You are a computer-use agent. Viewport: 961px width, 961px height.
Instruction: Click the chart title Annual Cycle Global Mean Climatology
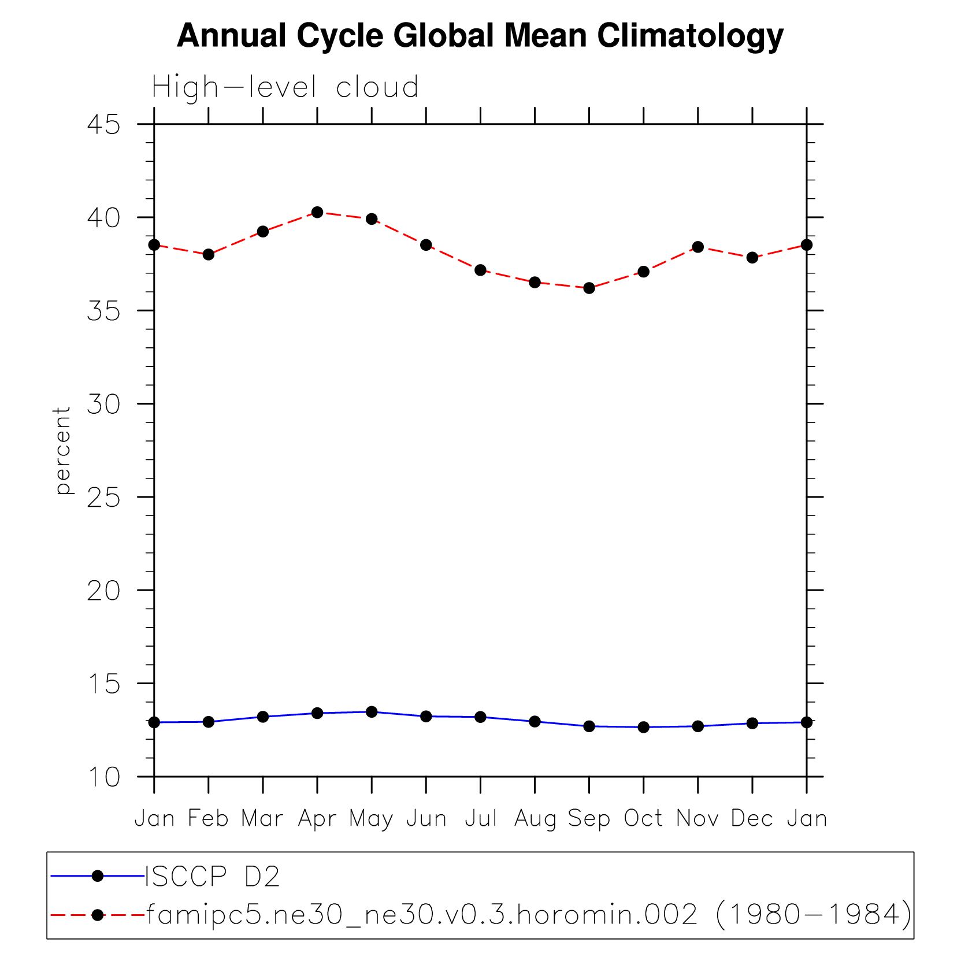[480, 36]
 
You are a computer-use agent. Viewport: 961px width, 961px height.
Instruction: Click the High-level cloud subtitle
[285, 88]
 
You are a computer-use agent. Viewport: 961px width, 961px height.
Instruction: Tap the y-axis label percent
[62, 451]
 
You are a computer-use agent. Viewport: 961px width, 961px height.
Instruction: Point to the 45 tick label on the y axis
[104, 124]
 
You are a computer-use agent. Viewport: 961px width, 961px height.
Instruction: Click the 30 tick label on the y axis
[104, 404]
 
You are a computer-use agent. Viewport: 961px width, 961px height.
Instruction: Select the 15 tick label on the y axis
[104, 684]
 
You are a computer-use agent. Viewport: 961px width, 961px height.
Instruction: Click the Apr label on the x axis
[317, 819]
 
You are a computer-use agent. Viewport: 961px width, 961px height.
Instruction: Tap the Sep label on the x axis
[589, 819]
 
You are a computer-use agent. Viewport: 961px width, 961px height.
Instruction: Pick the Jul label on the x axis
[481, 819]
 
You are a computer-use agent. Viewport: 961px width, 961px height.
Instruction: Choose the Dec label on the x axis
[752, 819]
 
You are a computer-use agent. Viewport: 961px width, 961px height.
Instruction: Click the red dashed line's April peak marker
[317, 212]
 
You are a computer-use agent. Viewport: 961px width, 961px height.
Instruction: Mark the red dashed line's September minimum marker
[589, 288]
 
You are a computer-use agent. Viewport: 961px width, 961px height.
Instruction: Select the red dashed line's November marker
[698, 247]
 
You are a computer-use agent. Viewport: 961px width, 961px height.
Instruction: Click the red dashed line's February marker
[209, 254]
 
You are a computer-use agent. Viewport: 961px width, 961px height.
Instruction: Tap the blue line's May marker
[372, 712]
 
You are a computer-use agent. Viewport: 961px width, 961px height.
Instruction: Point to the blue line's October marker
[644, 727]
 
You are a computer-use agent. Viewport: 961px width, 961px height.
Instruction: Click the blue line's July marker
[480, 717]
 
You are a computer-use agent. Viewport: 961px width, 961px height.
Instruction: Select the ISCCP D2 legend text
[212, 877]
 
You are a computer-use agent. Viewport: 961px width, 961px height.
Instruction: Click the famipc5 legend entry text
[529, 915]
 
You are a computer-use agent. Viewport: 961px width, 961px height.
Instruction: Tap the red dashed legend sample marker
[98, 915]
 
